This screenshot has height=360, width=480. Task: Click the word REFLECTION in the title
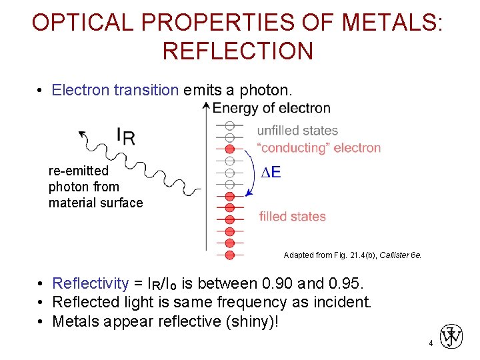click(x=237, y=51)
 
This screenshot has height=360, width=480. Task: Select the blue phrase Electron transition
click(x=115, y=90)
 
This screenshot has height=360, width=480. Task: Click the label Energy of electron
click(x=271, y=108)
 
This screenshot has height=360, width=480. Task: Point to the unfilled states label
click(x=297, y=131)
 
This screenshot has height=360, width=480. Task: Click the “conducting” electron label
click(x=319, y=148)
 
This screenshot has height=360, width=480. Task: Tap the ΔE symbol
click(x=270, y=173)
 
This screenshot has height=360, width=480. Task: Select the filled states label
click(x=292, y=216)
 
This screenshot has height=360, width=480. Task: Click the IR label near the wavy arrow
click(x=125, y=135)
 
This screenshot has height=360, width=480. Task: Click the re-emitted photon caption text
click(x=95, y=187)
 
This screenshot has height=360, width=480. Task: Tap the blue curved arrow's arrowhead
click(x=247, y=194)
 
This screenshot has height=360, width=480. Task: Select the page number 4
click(x=431, y=343)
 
